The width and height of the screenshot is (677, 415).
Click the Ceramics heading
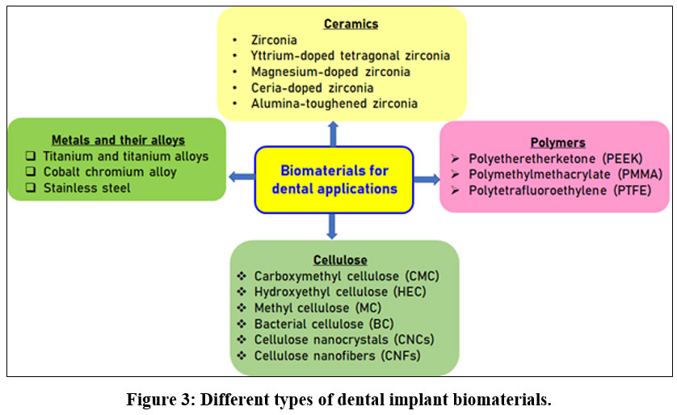[351, 23]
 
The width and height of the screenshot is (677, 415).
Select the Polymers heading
[557, 142]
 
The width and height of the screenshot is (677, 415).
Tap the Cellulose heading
[340, 260]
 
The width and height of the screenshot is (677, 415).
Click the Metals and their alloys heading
[118, 140]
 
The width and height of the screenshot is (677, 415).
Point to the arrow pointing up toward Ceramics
[333, 134]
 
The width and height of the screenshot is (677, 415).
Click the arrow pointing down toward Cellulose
[331, 226]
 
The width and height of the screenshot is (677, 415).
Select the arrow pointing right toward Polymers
[427, 179]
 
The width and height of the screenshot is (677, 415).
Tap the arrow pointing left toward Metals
[242, 177]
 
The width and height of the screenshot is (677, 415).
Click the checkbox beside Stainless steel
[31, 187]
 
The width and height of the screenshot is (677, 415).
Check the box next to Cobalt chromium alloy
[31, 171]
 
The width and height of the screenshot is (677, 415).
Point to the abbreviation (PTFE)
[632, 191]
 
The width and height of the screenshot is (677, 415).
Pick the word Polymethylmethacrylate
[540, 174]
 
